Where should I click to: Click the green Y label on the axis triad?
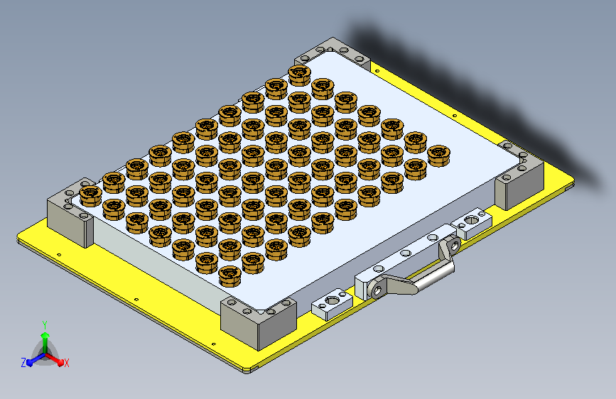coord(45,325)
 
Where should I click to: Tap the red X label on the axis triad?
coord(66,363)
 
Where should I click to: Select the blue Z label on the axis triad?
coord(23,363)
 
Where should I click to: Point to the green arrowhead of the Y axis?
coord(45,335)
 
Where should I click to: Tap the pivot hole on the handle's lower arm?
coord(377,290)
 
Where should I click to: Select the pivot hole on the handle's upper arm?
coord(455,246)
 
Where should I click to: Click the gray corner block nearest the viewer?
coord(258,322)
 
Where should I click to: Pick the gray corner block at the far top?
coord(333,53)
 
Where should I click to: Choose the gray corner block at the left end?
coord(71,212)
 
